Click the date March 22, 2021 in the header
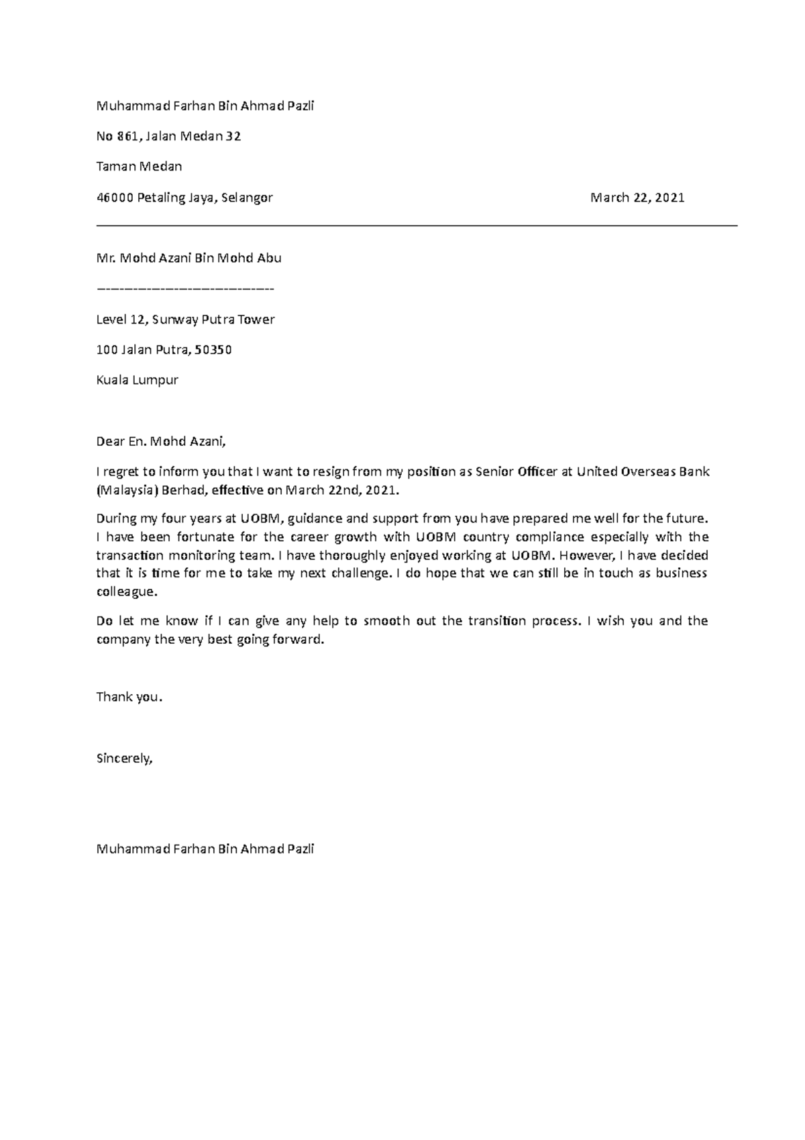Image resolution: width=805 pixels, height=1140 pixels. [x=637, y=197]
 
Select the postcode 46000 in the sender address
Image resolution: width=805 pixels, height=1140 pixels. [x=115, y=197]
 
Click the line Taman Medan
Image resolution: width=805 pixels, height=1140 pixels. [x=139, y=167]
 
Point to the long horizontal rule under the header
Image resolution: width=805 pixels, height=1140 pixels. [x=416, y=226]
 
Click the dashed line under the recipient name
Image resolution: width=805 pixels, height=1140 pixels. [x=185, y=289]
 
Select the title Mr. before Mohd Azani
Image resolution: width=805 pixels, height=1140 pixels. [x=106, y=258]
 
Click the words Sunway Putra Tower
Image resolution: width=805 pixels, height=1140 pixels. [x=213, y=320]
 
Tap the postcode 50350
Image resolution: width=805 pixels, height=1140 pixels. [x=214, y=350]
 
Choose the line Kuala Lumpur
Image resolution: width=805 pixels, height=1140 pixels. [x=137, y=380]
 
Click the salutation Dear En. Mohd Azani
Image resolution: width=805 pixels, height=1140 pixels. [x=162, y=441]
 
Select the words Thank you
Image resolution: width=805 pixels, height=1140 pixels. [x=129, y=697]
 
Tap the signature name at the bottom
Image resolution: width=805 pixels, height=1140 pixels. [x=205, y=849]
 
